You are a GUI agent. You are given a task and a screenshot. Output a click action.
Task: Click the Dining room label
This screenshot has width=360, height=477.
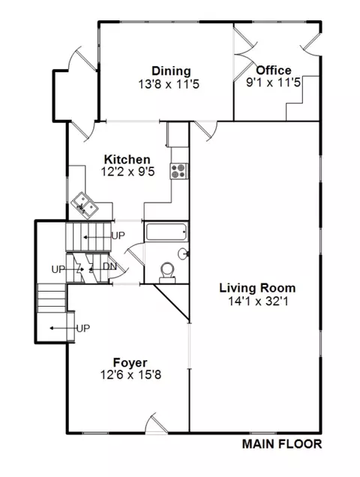click(171, 70)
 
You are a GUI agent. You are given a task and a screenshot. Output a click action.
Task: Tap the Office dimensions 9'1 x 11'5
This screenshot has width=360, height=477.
click(273, 82)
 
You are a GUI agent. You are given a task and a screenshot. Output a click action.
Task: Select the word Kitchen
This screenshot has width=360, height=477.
click(127, 160)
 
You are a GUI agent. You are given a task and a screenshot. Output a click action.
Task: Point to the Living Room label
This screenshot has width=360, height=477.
click(257, 288)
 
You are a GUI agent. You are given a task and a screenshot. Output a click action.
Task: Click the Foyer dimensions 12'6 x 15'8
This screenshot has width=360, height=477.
click(130, 375)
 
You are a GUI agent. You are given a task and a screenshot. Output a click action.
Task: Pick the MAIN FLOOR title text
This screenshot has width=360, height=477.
click(282, 444)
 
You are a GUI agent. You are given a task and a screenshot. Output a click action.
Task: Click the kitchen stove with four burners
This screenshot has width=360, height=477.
click(178, 171)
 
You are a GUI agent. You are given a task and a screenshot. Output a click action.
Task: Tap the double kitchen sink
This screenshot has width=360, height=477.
click(85, 205)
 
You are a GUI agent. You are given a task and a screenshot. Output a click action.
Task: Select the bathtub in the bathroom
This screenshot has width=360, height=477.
click(166, 232)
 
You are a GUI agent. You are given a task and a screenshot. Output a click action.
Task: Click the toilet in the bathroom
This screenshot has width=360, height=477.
click(167, 272)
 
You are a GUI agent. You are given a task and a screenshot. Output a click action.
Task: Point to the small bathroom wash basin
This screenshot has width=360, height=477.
click(183, 253)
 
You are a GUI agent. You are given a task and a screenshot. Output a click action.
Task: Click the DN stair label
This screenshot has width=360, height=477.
click(109, 266)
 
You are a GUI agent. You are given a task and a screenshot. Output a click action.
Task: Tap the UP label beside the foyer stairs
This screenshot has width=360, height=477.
click(83, 328)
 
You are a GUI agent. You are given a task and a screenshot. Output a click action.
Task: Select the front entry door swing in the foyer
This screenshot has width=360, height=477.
click(156, 423)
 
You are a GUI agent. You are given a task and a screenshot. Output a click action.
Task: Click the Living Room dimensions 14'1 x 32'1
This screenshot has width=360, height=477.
click(258, 301)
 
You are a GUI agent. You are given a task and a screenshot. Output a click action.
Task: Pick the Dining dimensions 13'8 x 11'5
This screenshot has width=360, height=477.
click(169, 84)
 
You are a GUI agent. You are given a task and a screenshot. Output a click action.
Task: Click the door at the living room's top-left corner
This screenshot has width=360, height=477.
click(206, 130)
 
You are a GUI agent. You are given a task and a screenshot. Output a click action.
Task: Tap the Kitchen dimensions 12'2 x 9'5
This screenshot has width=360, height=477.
click(127, 172)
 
